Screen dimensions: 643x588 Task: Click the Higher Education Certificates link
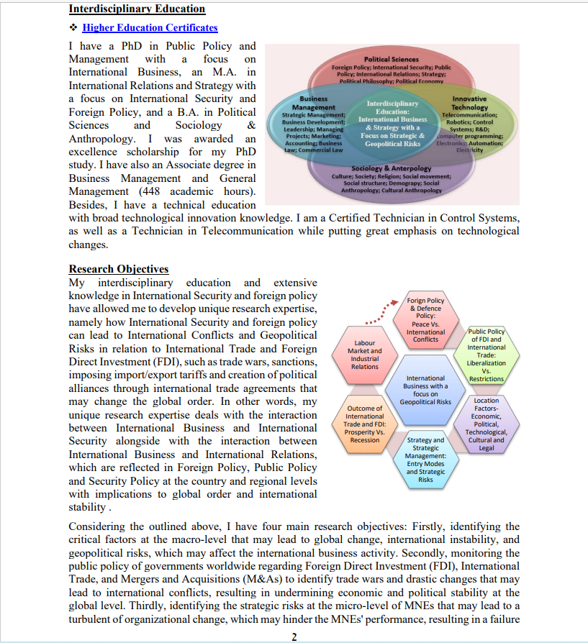pos(150,27)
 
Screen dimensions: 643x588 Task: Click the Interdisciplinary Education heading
pos(137,9)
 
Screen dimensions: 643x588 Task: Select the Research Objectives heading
pos(119,269)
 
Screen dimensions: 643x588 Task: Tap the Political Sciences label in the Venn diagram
pos(391,59)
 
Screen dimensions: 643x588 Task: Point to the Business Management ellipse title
pos(313,103)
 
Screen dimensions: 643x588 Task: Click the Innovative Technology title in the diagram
pos(469,103)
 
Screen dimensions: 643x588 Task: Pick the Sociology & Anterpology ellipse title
pos(391,168)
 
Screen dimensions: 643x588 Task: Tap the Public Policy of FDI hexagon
pos(486,355)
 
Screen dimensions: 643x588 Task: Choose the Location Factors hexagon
pos(486,424)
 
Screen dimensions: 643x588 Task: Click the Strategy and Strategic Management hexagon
pos(425,460)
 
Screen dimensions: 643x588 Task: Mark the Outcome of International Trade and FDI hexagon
pos(365,424)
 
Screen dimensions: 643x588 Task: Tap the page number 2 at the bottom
pos(294,637)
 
